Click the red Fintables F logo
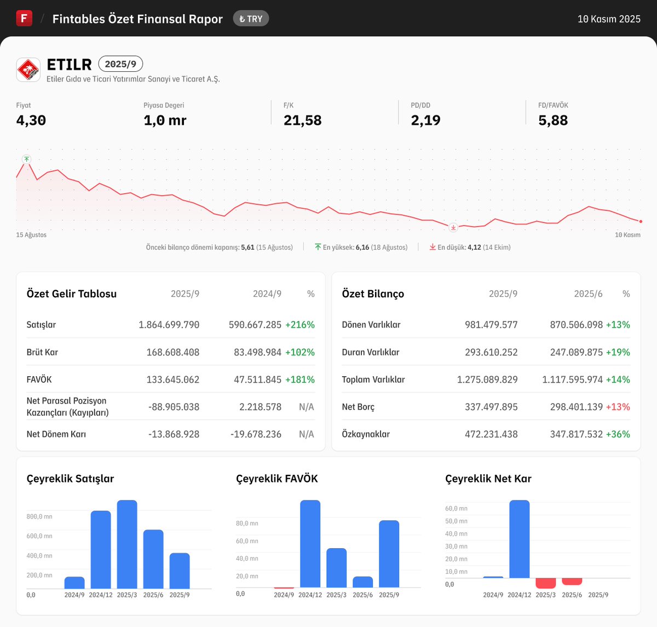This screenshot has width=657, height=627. [24, 18]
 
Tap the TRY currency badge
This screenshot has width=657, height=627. [251, 19]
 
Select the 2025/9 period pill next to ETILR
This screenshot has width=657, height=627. [120, 64]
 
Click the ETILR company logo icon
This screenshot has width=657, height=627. [28, 70]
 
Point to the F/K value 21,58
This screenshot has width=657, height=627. [302, 120]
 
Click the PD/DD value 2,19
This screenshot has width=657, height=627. [425, 120]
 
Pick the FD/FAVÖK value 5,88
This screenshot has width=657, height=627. [553, 120]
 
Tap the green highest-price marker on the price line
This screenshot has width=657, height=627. [26, 159]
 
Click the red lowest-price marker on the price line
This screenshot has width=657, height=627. [453, 227]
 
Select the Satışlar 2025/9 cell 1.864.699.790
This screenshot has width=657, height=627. [169, 325]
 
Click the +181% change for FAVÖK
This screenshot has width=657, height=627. [300, 379]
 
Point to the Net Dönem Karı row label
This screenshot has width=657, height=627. [56, 434]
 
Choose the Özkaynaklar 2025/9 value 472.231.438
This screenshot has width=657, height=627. [491, 434]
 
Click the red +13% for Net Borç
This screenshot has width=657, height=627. [618, 407]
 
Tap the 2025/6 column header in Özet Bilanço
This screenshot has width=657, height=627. [588, 294]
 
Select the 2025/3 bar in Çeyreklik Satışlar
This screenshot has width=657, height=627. [127, 544]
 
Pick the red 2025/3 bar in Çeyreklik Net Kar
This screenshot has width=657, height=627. [546, 583]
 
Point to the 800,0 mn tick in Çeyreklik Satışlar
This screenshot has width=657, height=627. [39, 516]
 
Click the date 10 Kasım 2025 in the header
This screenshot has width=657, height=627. [609, 19]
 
